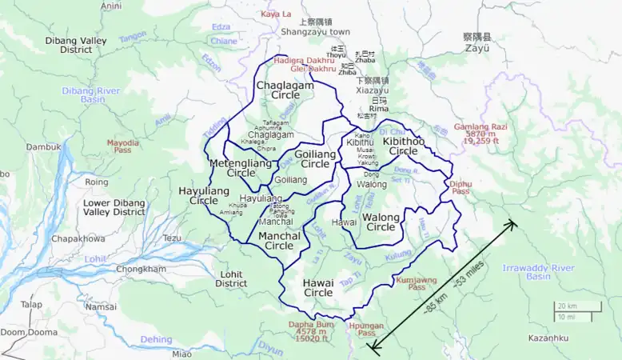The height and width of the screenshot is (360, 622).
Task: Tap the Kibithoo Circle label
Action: pyautogui.click(x=403, y=146)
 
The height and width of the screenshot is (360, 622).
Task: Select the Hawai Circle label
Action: pyautogui.click(x=317, y=288)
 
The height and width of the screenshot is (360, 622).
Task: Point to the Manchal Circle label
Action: pyautogui.click(x=279, y=241)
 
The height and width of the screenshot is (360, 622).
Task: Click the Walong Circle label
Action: pyautogui.click(x=379, y=222)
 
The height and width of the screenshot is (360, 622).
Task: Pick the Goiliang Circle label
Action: pyautogui.click(x=315, y=158)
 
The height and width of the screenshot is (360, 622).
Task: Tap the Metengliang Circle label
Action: pyautogui.click(x=240, y=167)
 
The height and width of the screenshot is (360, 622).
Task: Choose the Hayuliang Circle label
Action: pyautogui.click(x=204, y=196)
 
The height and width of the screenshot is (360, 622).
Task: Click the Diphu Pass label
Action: pyautogui.click(x=460, y=187)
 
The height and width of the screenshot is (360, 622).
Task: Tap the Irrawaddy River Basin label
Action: pyautogui.click(x=538, y=271)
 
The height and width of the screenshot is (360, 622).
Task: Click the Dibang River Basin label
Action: pyautogui.click(x=90, y=95)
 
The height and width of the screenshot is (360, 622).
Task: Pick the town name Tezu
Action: pyautogui.click(x=172, y=238)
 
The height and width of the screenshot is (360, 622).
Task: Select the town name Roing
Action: pyautogui.click(x=96, y=182)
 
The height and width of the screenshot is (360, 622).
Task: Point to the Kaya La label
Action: pyautogui.click(x=277, y=14)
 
